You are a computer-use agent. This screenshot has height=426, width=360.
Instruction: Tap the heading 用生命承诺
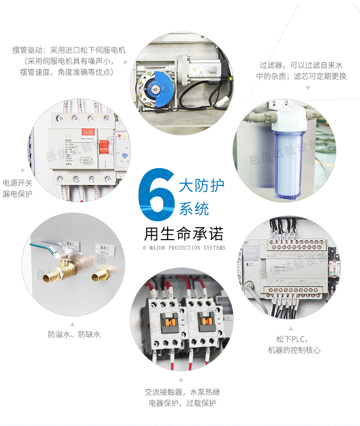point(184,234)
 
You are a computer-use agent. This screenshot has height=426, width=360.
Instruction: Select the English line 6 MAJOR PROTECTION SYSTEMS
point(184,248)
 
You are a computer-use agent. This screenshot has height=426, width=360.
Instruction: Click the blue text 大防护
point(201,185)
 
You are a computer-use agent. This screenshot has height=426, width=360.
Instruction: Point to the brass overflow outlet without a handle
point(99,276)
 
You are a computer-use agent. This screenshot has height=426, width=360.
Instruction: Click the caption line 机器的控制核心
point(294,350)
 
